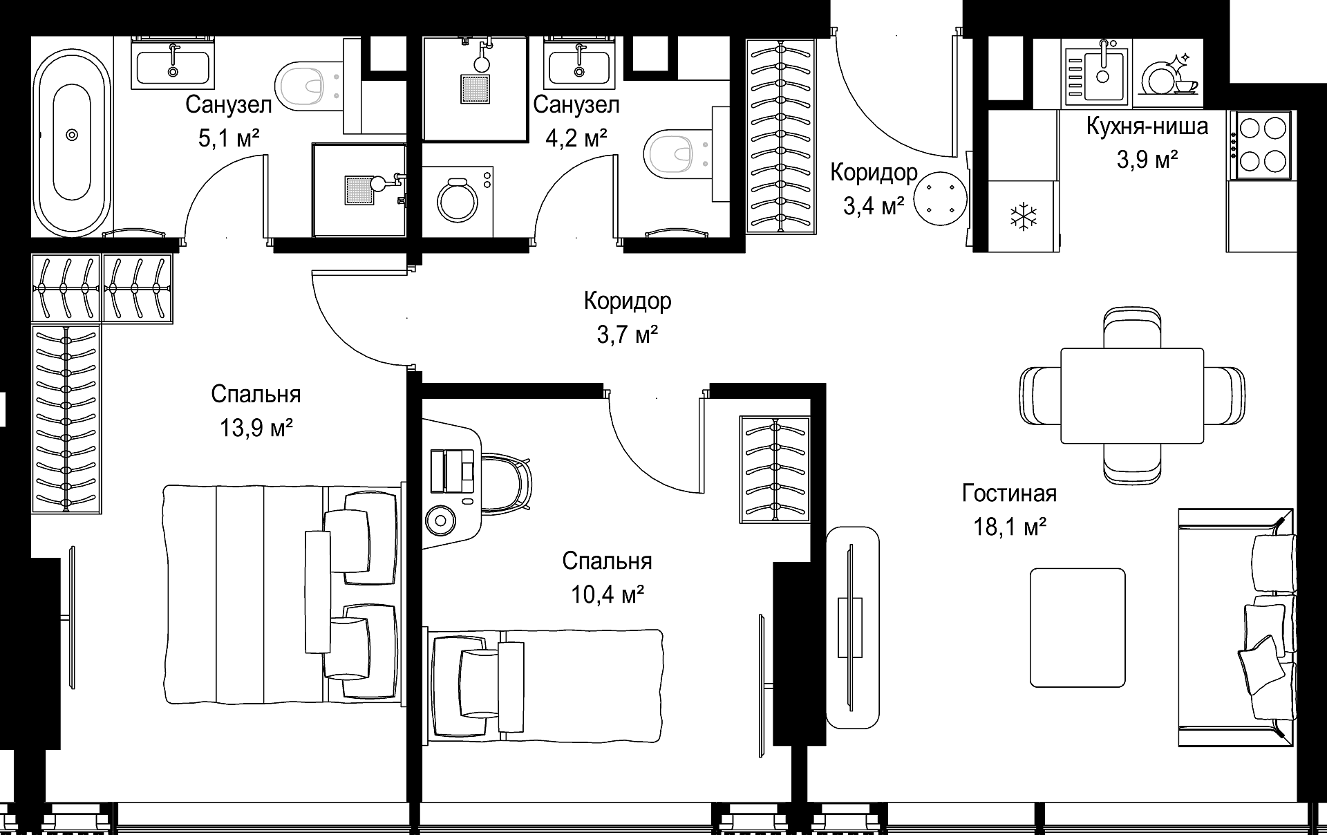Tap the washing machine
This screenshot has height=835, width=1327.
click(457, 200)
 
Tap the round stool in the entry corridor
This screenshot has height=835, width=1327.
click(939, 198)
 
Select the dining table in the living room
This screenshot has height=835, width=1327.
click(1132, 395)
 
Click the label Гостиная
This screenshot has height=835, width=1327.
click(1009, 494)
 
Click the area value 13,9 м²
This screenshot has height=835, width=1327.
click(256, 429)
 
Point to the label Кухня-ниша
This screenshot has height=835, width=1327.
click(1147, 126)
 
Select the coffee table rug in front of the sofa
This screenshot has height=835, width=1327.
click(1077, 628)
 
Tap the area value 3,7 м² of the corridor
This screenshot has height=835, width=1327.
click(627, 335)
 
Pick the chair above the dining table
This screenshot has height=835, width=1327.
click(1132, 328)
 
